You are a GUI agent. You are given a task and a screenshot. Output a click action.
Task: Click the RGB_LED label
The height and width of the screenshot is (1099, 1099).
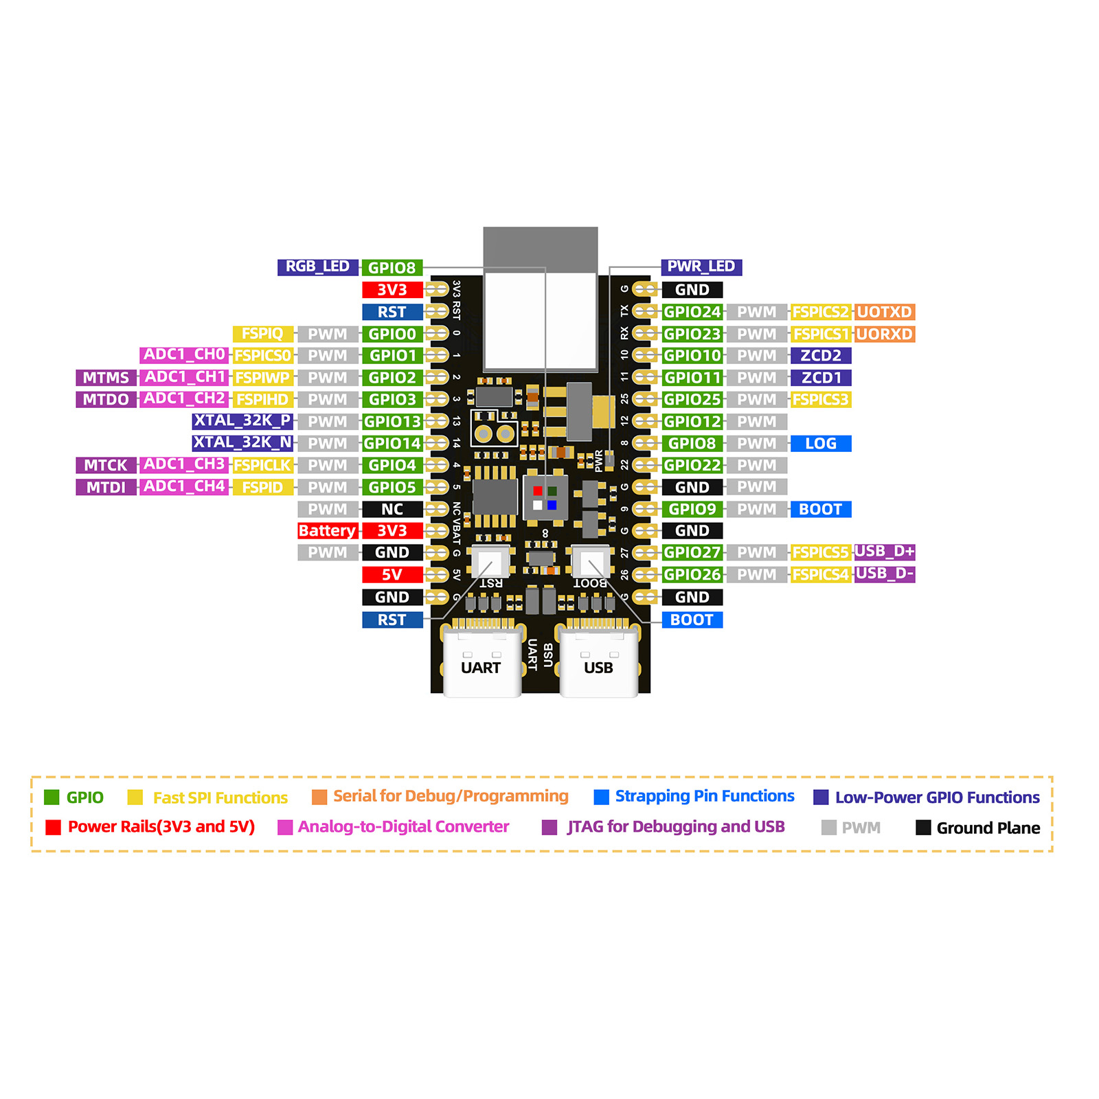tap(317, 267)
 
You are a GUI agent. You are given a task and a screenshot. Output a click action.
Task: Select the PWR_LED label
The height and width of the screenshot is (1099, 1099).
tap(701, 267)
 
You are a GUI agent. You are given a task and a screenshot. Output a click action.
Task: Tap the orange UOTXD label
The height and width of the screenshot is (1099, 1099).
tap(885, 312)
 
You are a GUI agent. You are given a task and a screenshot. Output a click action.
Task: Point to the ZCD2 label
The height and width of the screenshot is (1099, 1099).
tap(821, 356)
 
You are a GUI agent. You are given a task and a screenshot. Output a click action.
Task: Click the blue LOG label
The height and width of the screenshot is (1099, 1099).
tap(821, 444)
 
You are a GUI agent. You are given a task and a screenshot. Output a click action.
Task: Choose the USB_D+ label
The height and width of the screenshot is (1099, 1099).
tap(885, 552)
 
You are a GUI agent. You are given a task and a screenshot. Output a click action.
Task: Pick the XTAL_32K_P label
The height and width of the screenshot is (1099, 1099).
tap(242, 420)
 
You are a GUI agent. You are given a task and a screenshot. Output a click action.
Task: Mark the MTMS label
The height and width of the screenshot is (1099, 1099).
tap(106, 378)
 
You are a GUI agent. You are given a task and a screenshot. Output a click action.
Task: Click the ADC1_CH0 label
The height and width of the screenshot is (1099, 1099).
tap(184, 354)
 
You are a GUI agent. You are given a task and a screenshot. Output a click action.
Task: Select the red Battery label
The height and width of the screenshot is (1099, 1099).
tap(327, 531)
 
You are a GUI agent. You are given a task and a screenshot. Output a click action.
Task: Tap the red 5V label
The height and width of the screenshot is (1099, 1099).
tap(392, 575)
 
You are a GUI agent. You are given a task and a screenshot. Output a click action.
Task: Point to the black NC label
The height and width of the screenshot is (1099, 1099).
tap(392, 510)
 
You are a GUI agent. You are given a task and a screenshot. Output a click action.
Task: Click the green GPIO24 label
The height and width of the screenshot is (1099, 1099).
tap(692, 312)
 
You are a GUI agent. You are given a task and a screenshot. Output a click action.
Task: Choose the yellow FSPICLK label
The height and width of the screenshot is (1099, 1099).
tap(262, 466)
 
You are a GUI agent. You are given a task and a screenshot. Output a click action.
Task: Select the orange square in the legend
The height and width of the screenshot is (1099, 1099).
tap(319, 797)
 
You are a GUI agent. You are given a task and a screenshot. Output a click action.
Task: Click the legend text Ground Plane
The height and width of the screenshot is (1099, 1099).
tap(988, 828)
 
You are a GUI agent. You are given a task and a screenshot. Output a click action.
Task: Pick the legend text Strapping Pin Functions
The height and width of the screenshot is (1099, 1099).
tap(705, 796)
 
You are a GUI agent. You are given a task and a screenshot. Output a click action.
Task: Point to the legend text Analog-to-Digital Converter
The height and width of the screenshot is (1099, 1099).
tap(404, 827)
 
